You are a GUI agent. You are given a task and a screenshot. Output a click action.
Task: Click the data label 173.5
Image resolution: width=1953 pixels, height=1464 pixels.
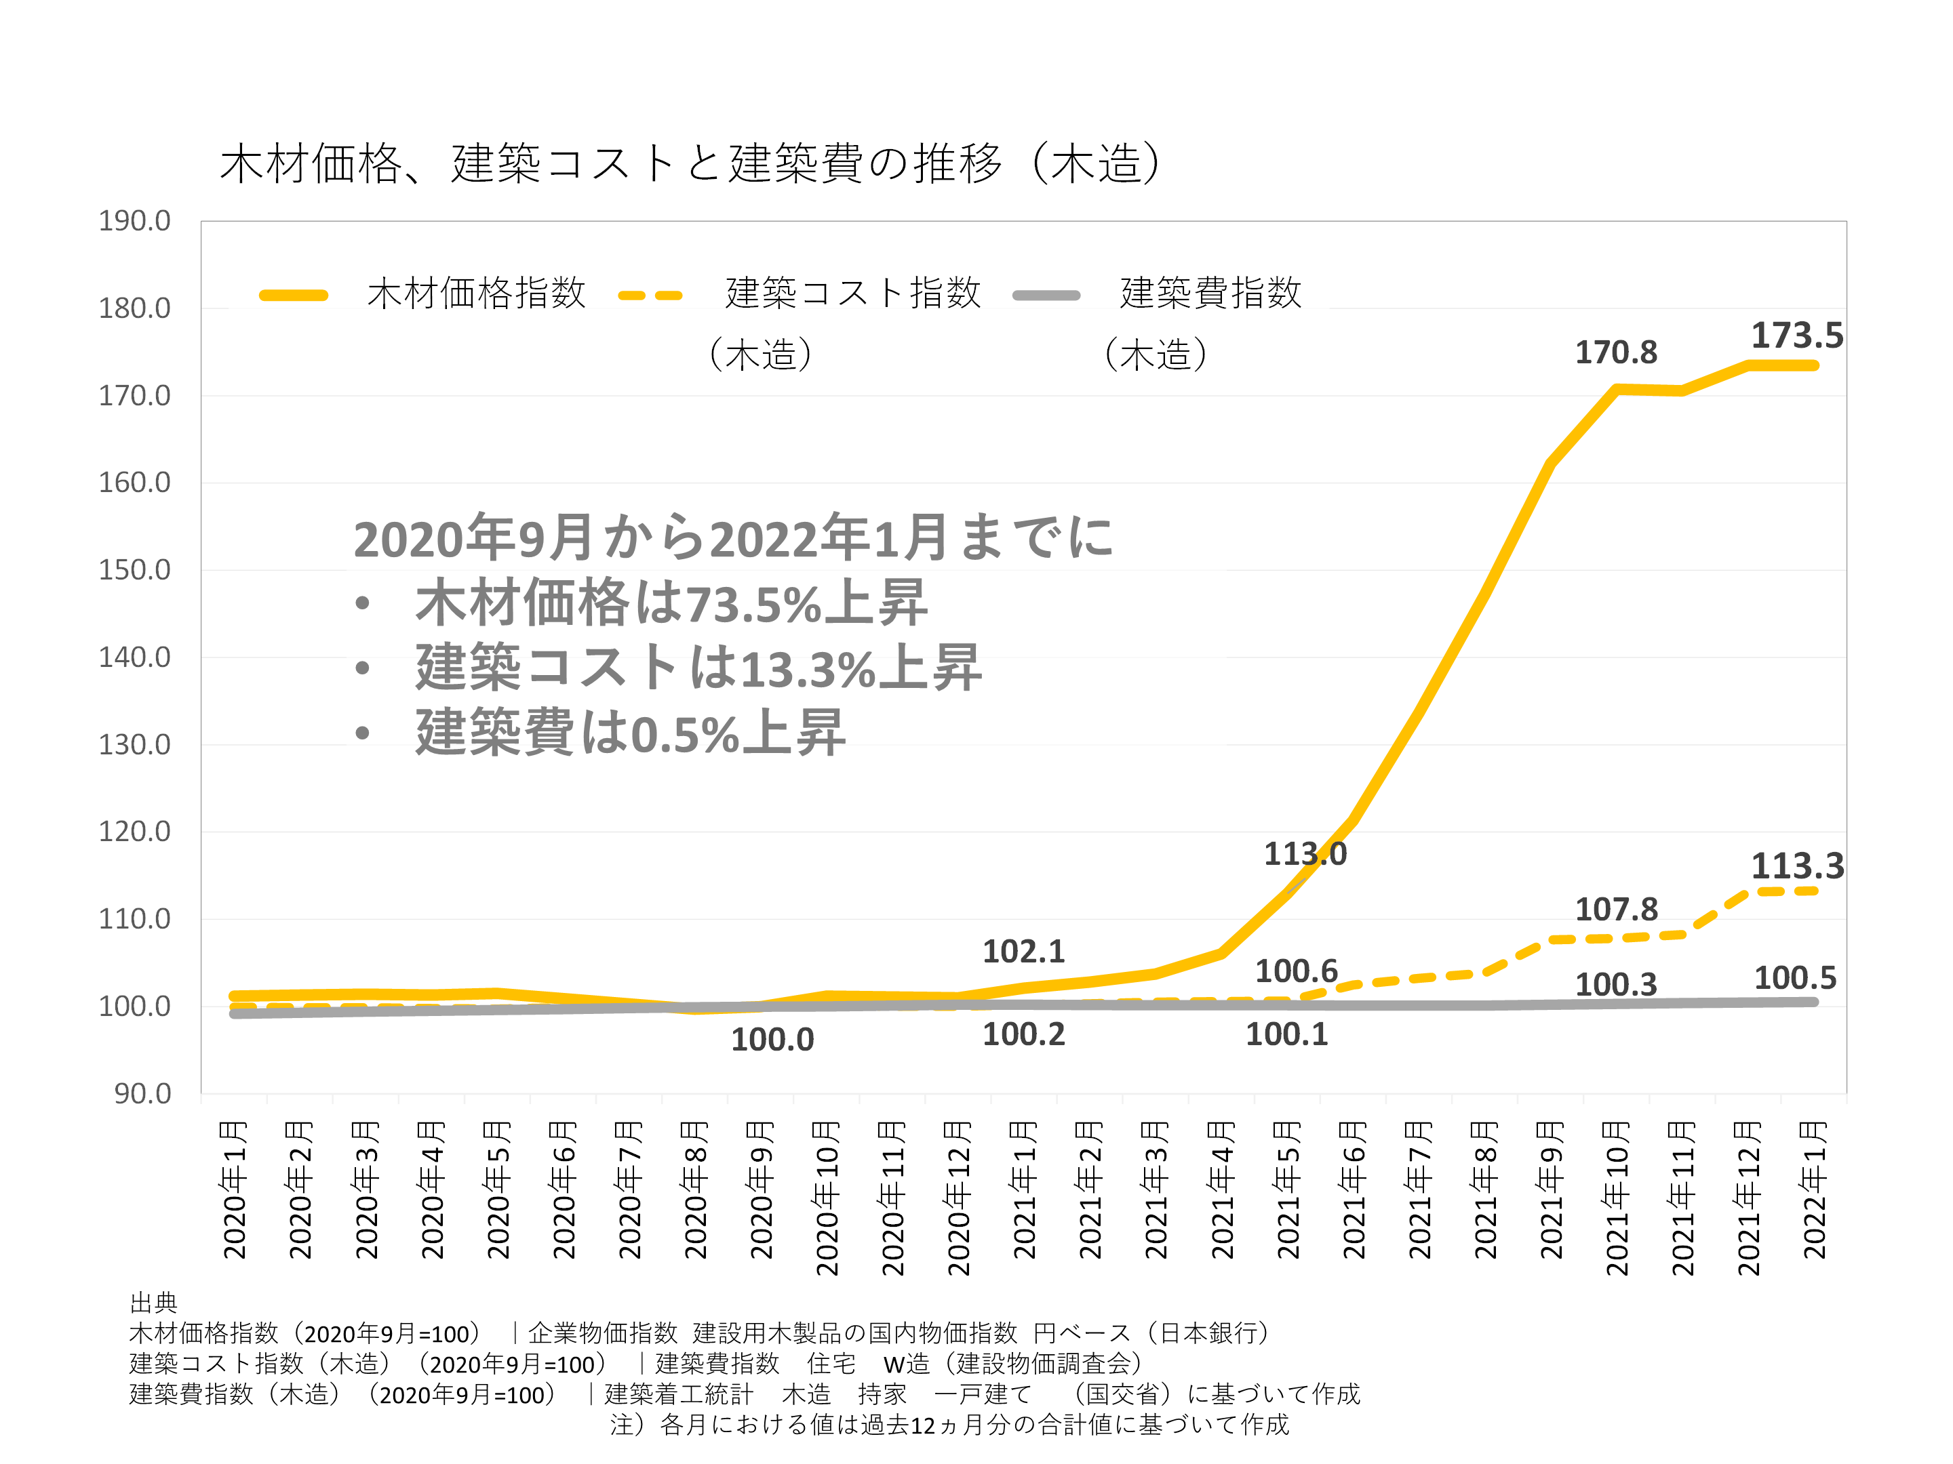[1797, 336]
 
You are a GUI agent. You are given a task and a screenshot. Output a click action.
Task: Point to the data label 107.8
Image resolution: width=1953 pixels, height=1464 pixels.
[1616, 910]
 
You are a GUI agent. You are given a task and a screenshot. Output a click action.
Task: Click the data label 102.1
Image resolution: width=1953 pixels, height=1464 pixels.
[1023, 952]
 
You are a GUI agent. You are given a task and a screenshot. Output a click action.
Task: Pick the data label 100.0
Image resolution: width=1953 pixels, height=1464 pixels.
[772, 1040]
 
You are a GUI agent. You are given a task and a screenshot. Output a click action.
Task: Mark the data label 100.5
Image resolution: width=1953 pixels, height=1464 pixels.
[1794, 979]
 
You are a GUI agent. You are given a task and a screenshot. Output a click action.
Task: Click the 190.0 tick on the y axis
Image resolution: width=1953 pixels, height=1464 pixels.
[134, 220]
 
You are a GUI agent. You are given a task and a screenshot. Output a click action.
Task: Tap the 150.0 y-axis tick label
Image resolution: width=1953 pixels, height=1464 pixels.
[134, 570]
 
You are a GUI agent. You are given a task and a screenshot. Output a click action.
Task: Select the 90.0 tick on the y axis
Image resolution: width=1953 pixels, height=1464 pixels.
[142, 1094]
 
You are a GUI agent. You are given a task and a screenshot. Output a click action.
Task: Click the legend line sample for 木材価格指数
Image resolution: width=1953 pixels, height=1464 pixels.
[293, 296]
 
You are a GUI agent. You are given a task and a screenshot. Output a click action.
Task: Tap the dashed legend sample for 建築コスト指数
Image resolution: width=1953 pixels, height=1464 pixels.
[651, 296]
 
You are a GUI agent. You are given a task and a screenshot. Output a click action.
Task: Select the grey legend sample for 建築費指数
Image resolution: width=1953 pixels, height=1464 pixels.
[1046, 296]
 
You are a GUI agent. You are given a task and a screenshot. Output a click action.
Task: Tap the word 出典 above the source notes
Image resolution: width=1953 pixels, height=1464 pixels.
[154, 1303]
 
